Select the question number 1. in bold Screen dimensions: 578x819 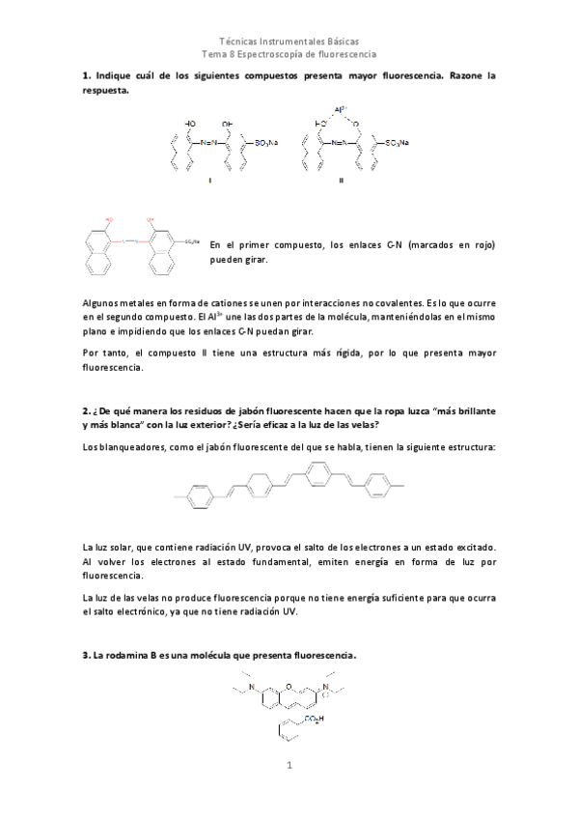pos(87,75)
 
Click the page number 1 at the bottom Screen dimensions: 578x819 pos(288,768)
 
